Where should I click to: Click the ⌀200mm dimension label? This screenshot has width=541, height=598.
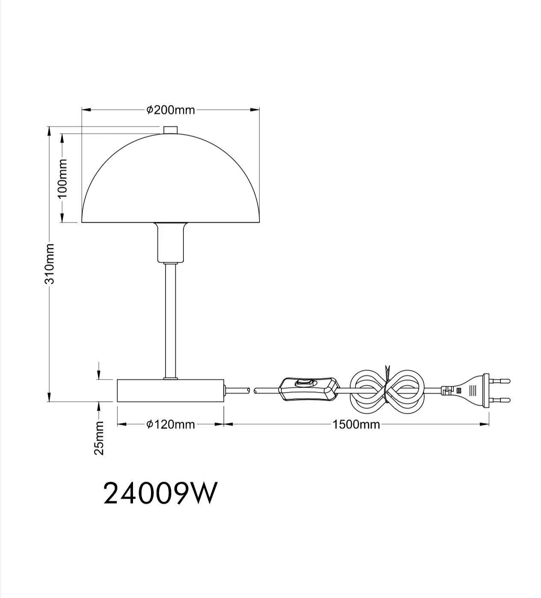click(x=171, y=110)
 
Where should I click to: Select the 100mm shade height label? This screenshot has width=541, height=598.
click(x=63, y=178)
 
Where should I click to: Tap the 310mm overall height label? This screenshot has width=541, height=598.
click(x=50, y=264)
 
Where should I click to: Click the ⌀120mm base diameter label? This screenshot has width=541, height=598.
click(x=171, y=424)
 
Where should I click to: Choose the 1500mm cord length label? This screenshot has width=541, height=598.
click(x=356, y=424)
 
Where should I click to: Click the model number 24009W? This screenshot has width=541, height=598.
click(x=160, y=493)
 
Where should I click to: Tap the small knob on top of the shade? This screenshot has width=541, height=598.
click(x=170, y=130)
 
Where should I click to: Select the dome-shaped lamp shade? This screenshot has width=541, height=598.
click(x=170, y=184)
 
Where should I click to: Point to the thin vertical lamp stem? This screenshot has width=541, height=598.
click(x=170, y=321)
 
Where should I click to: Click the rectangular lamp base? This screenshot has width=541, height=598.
click(x=170, y=390)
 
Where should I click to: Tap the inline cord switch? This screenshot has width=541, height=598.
click(x=307, y=388)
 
